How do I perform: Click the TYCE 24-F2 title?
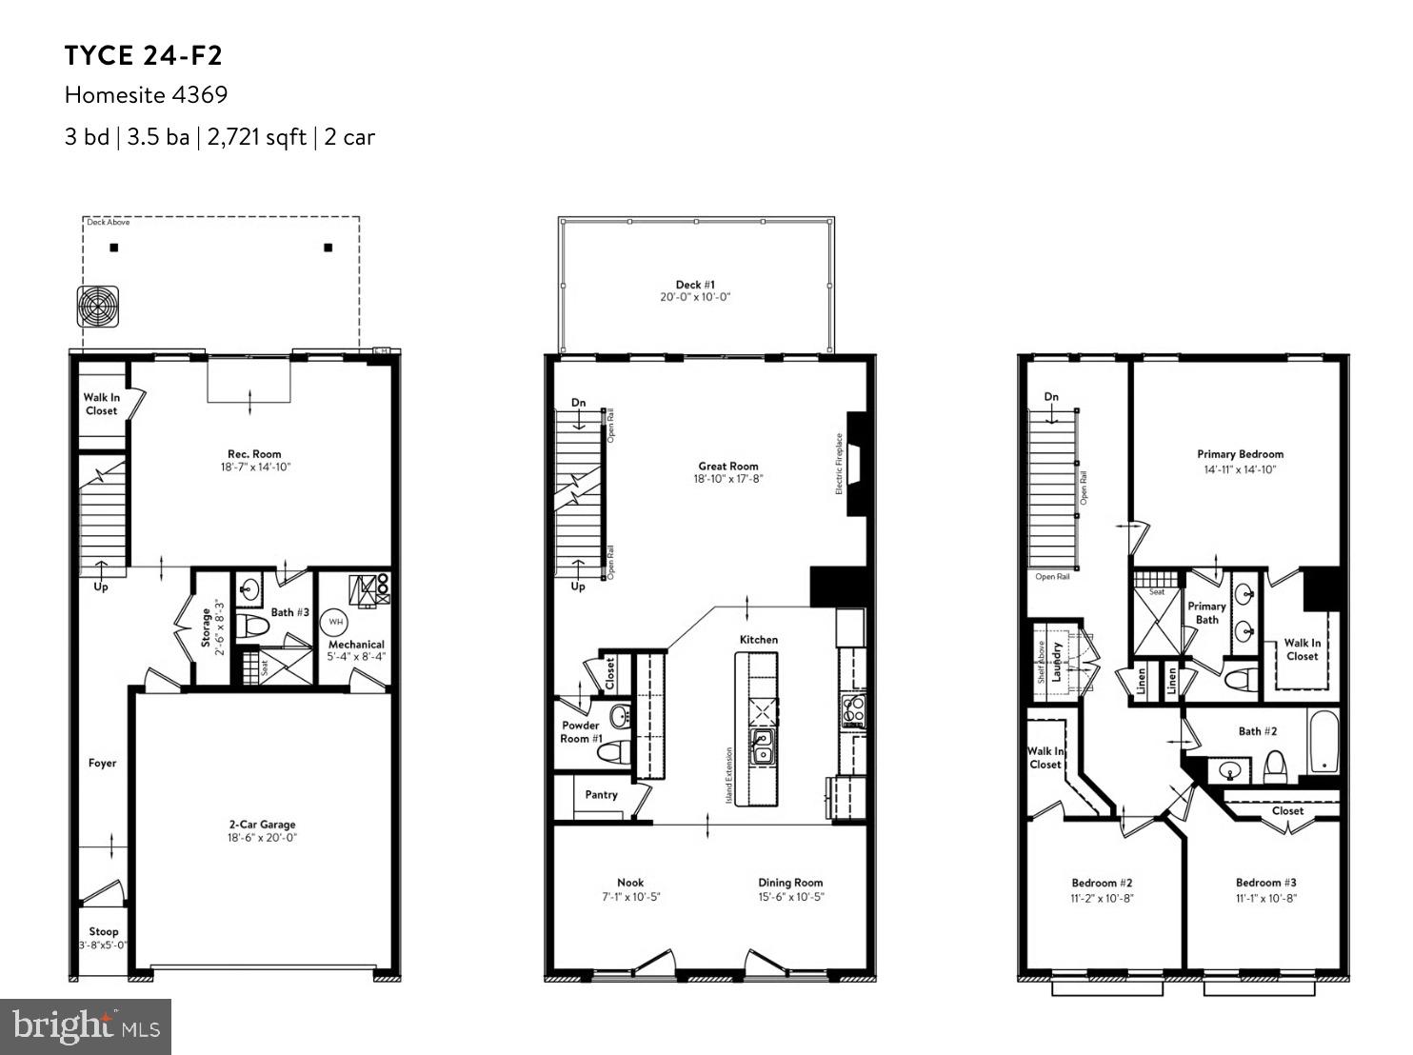144,56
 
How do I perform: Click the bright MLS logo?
86,1026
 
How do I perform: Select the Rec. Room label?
254,454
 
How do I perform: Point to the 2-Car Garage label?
262,825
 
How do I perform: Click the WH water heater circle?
335,622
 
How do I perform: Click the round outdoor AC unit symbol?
98,306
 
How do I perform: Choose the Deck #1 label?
695,285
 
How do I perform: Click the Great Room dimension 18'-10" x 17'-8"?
728,479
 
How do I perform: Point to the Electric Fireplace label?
840,464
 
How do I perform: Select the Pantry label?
601,794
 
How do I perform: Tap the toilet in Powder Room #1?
608,752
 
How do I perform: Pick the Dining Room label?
790,883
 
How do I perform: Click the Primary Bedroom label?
1240,454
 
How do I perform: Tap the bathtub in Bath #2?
1323,741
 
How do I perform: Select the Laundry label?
1056,662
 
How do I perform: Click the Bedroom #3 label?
1265,883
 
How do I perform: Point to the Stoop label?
104,931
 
